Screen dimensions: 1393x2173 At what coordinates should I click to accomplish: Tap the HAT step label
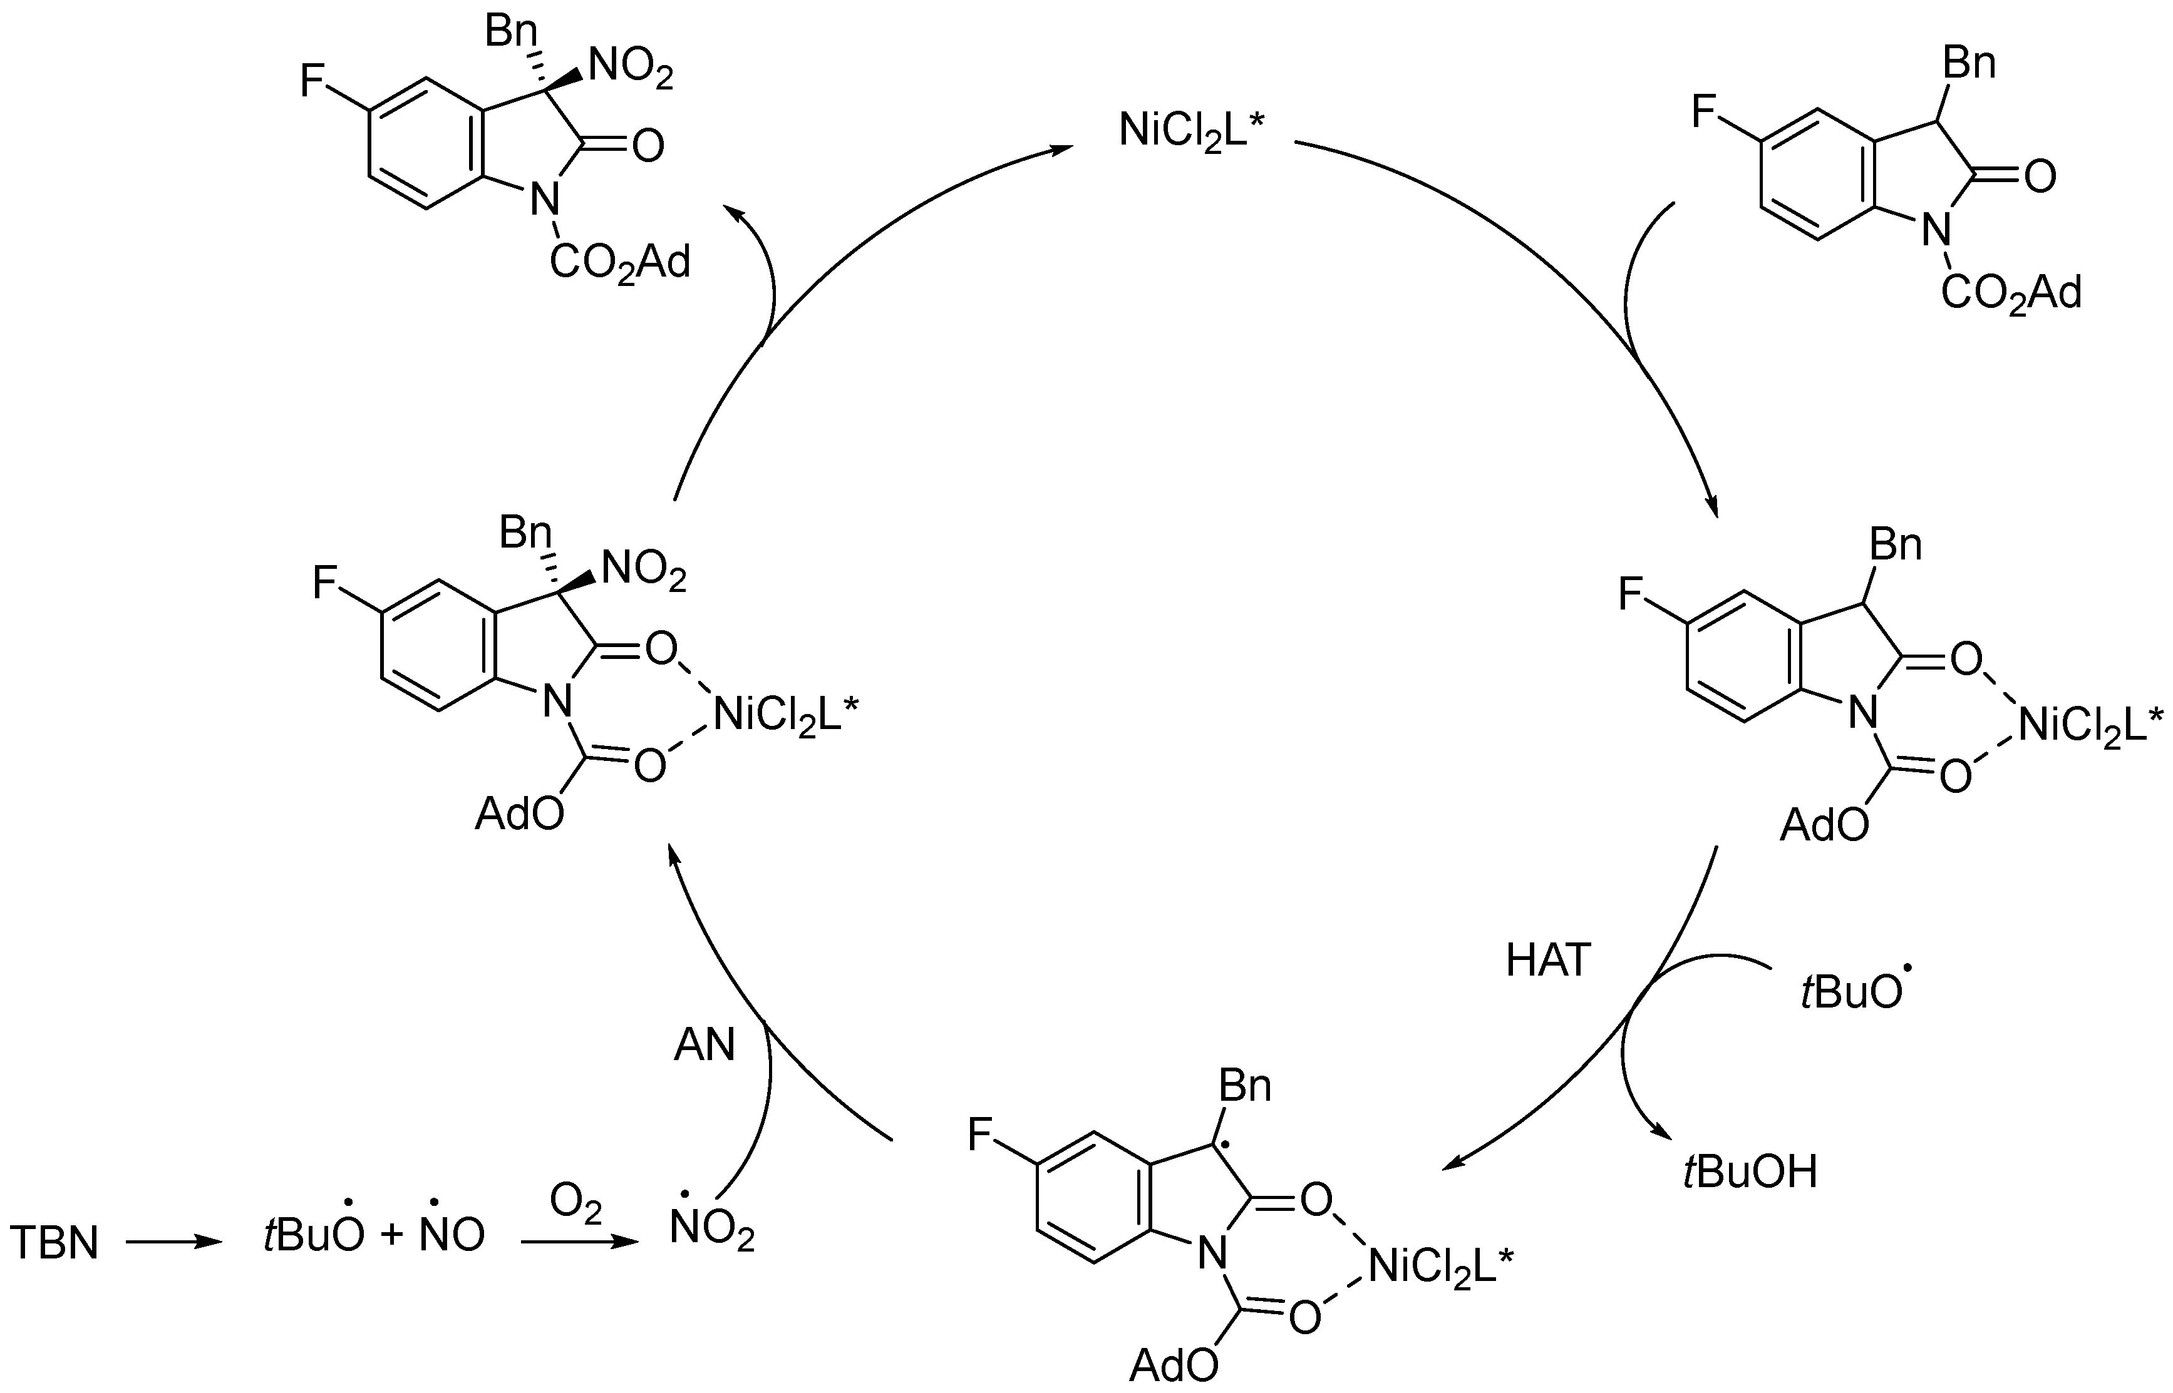(x=1547, y=961)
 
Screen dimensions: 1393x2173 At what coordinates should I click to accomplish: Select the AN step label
(x=704, y=1046)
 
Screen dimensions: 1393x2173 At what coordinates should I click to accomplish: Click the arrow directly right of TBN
(x=173, y=1243)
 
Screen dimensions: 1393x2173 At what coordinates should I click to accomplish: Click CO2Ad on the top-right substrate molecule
(x=2011, y=293)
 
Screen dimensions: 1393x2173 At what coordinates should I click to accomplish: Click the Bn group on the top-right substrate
(x=1969, y=64)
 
